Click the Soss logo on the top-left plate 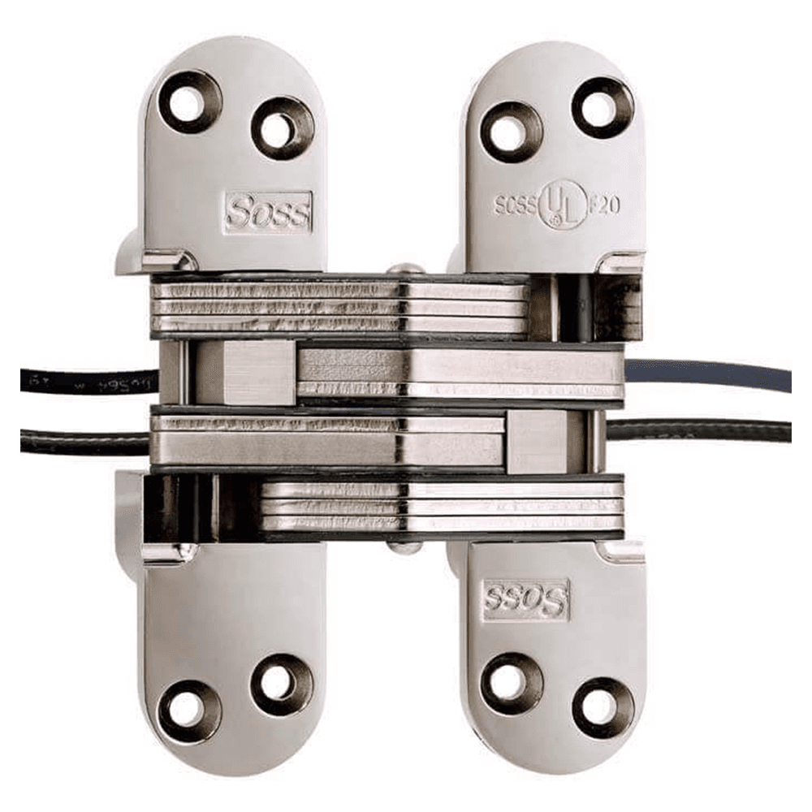(268, 212)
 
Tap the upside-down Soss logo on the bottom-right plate (525, 600)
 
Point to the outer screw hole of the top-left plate (189, 102)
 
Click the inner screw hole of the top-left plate (282, 128)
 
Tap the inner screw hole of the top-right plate (511, 131)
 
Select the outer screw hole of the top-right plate (603, 106)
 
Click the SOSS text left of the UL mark (516, 205)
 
